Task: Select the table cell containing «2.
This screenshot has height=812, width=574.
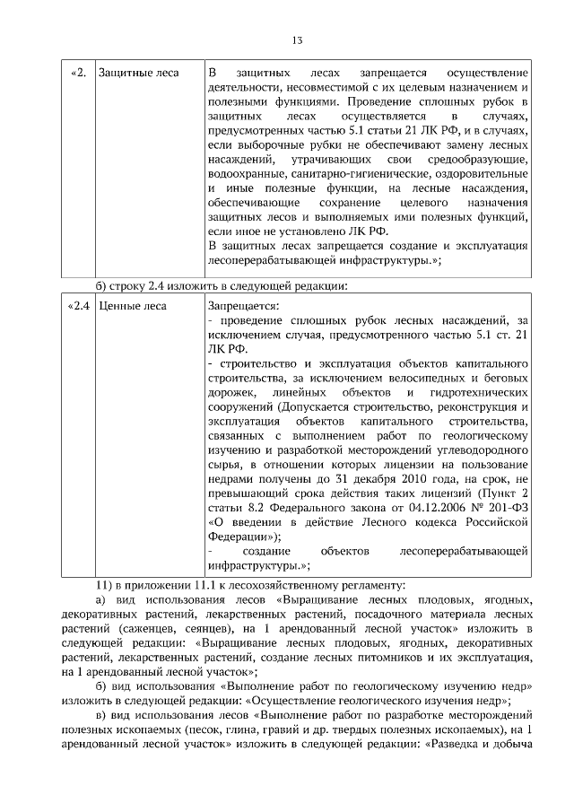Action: tap(77, 73)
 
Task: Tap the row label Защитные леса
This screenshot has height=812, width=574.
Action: tap(138, 73)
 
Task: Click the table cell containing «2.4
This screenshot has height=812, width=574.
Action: tap(79, 306)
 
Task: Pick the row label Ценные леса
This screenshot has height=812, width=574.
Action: tap(132, 306)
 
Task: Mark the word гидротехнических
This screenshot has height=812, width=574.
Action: tap(482, 393)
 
